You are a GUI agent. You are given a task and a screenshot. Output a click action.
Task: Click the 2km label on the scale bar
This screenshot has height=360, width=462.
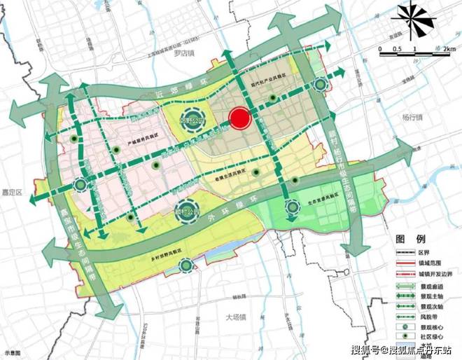click(449, 49)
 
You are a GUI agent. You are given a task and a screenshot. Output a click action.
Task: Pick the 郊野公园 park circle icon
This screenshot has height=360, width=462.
click(192, 120)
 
